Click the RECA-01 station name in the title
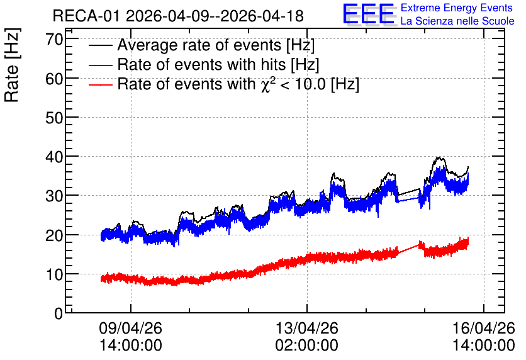tap(86, 16)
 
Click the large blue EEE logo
tap(368, 14)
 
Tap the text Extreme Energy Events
tap(457, 8)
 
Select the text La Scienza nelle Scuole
tap(457, 21)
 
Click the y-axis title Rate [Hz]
tap(12, 65)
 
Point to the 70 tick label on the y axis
tap(54, 39)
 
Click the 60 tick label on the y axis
tap(54, 79)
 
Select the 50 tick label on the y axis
tap(54, 118)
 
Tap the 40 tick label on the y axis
tap(54, 157)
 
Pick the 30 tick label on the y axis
tap(54, 196)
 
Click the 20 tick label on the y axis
tap(54, 235)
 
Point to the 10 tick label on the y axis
tap(54, 274)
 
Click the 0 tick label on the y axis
tap(59, 313)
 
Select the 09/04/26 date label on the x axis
tap(130, 328)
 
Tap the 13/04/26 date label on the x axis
tap(307, 328)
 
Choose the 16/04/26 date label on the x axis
tap(484, 328)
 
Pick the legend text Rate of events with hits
tap(201, 64)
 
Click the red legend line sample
tap(100, 85)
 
